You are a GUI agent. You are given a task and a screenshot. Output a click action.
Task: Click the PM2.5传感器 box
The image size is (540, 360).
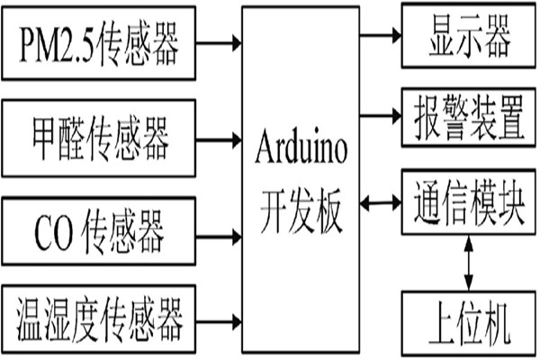pos(102,41)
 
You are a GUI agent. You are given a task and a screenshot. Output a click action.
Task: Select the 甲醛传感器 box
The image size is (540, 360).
pos(102,139)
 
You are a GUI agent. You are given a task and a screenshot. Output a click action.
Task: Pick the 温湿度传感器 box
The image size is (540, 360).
pos(102,319)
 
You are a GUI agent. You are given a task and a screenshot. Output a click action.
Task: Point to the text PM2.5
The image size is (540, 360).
pos(55,41)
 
